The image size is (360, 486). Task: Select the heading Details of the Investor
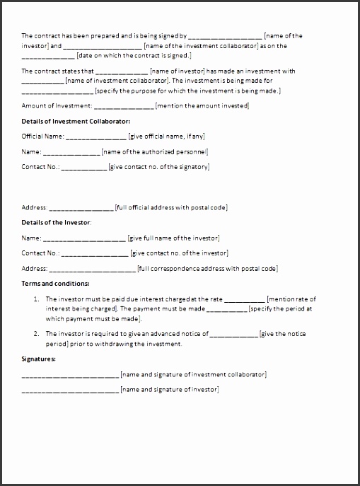click(56, 223)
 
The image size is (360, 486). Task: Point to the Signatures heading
click(39, 359)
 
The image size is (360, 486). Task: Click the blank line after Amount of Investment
click(123, 106)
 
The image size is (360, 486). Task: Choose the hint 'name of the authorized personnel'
click(154, 151)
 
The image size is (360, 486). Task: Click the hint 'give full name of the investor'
click(173, 238)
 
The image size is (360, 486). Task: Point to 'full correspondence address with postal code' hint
click(208, 268)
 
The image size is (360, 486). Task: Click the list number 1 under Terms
click(36, 299)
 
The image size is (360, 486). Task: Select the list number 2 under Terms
click(36, 332)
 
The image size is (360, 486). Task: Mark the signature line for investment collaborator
click(70, 375)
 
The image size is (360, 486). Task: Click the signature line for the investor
click(70, 390)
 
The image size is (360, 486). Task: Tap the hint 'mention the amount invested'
click(202, 105)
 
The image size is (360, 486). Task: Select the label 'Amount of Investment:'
click(57, 105)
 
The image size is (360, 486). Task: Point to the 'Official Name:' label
click(43, 136)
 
